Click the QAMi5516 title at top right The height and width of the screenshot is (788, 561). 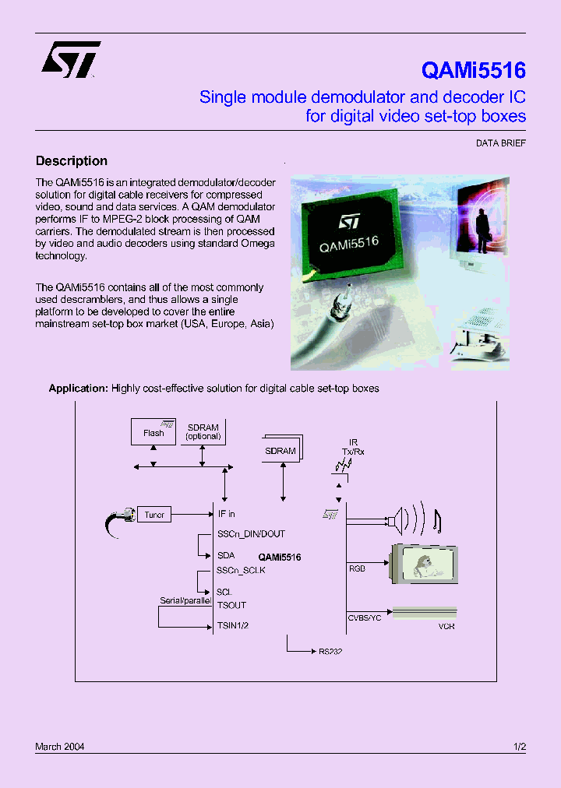pos(473,71)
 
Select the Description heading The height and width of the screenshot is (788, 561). pos(72,161)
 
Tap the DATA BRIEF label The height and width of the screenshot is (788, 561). pos(501,144)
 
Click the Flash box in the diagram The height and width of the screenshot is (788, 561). pos(153,432)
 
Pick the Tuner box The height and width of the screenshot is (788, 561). pos(154,515)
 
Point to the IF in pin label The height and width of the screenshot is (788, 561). pos(226,514)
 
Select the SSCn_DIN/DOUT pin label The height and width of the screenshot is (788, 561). pos(251,534)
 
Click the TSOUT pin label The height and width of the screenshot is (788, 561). pos(231,605)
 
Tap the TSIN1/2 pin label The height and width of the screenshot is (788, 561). pos(234,624)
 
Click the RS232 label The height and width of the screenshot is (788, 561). pos(330,651)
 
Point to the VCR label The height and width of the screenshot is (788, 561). pos(446,626)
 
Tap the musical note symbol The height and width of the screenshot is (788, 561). pos(436,521)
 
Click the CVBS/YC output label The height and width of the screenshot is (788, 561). pos(364,617)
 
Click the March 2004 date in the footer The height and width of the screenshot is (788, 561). pos(60,747)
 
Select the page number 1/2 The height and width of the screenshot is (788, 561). pos(520,747)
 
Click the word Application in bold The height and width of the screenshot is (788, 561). pos(77,388)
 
